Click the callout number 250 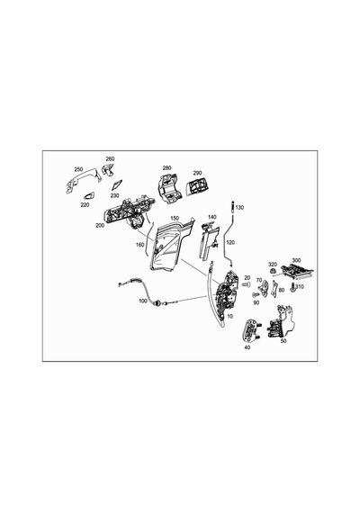coord(78,169)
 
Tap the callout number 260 coord(111,158)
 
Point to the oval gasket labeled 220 coord(89,196)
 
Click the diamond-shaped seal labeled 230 coord(116,184)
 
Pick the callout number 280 coord(166,168)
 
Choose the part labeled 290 coord(197,186)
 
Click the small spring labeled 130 coord(232,207)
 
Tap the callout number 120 coord(230,242)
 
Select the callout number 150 coord(175,218)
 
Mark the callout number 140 coord(212,217)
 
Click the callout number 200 coord(100,225)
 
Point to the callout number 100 coord(143,301)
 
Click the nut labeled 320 coord(272,271)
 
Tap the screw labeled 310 coord(292,288)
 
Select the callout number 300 coord(296,260)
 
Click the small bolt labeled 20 coord(246,285)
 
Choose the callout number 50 coord(283,340)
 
